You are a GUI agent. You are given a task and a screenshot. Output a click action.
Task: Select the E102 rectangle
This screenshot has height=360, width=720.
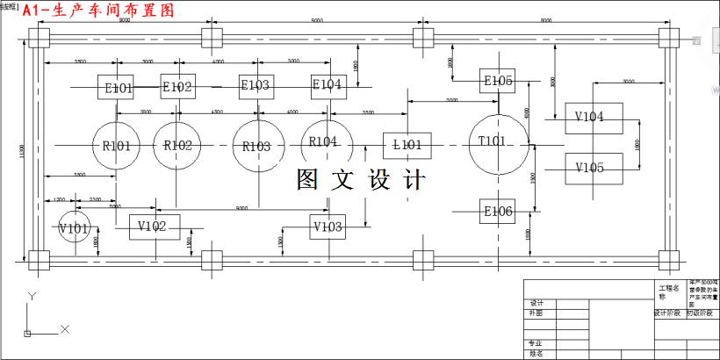click(x=177, y=86)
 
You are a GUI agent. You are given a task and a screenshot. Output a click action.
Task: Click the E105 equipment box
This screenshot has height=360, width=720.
click(x=497, y=81)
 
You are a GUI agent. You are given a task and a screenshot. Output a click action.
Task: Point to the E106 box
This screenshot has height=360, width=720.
click(x=497, y=212)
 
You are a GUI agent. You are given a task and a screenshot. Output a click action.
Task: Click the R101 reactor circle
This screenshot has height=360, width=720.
click(x=117, y=145)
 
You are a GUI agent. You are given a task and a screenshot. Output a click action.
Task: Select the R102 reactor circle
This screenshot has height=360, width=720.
click(x=177, y=145)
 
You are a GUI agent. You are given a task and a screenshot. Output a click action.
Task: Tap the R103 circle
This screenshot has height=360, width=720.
click(x=258, y=146)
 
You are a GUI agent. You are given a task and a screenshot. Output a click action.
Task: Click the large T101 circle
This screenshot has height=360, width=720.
click(x=498, y=143)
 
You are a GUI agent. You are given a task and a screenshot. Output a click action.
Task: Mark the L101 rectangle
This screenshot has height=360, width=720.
click(x=407, y=144)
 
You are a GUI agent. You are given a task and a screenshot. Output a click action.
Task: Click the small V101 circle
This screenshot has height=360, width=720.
click(x=75, y=228)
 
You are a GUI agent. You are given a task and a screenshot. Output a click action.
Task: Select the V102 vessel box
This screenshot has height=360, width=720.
click(x=154, y=227)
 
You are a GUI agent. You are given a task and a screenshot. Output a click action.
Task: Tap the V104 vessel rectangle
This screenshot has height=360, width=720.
click(x=593, y=117)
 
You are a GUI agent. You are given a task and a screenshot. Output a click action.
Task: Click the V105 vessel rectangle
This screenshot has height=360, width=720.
click(x=593, y=168)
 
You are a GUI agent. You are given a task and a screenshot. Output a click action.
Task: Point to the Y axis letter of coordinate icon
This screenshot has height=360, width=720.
click(x=32, y=296)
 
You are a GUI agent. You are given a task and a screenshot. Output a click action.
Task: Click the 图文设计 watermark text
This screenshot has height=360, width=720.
click(x=361, y=180)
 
